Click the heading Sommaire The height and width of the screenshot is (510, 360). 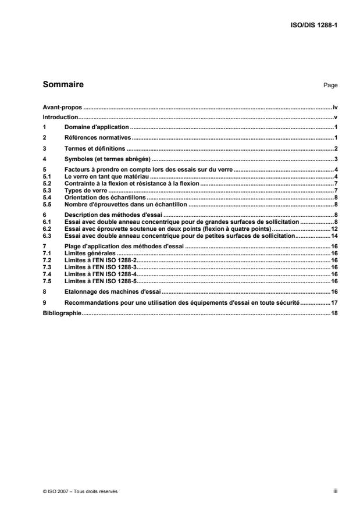pyautogui.click(x=63, y=85)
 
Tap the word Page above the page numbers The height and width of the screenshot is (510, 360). pyautogui.click(x=330, y=86)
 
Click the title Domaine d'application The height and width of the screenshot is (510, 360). pyautogui.click(x=97, y=127)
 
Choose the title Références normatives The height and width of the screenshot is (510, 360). pyautogui.click(x=98, y=138)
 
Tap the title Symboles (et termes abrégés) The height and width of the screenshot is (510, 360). pyautogui.click(x=107, y=159)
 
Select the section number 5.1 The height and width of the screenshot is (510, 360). pyautogui.click(x=47, y=176)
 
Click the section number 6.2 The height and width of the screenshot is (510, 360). pyautogui.click(x=47, y=229)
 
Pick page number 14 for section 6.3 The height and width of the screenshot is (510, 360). pyautogui.click(x=334, y=237)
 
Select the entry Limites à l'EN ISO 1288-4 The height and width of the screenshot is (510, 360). pyautogui.click(x=100, y=274)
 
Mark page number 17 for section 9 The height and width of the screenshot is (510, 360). pyautogui.click(x=334, y=302)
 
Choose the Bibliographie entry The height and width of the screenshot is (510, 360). pyautogui.click(x=62, y=313)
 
